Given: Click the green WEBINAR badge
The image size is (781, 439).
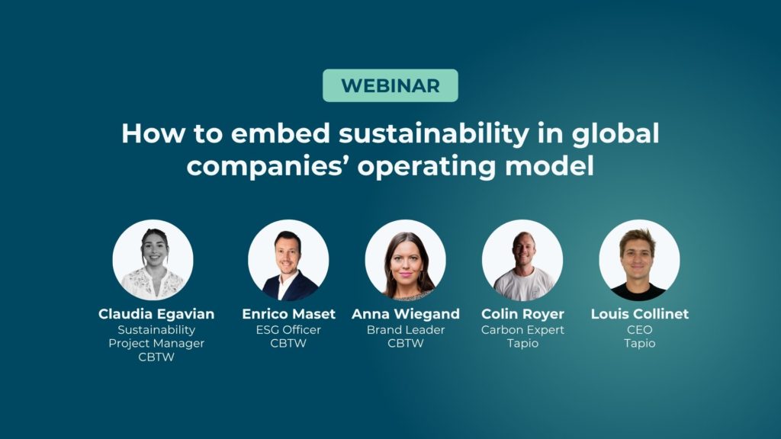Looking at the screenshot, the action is tap(390, 85).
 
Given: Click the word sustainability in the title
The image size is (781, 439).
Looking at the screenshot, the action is tap(434, 133).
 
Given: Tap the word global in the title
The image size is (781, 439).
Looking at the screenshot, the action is tap(615, 133).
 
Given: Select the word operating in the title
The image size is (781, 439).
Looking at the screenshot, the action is tap(426, 166).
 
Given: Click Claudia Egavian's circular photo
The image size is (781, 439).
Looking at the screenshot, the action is tap(153, 260).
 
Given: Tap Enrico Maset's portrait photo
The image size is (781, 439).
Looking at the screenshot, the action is tap(288, 260).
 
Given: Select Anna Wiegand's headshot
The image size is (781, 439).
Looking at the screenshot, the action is tap(406, 260).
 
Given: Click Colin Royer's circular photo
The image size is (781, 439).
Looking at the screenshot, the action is tap(522, 260).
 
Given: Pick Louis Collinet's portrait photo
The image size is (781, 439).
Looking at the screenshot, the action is tap(640, 260).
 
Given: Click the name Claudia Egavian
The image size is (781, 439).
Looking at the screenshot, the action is tap(156, 314).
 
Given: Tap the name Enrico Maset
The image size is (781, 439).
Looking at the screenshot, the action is tap(288, 314).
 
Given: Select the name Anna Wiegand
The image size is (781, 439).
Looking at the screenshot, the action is tap(406, 314).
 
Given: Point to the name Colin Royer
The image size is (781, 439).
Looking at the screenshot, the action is tap(522, 314).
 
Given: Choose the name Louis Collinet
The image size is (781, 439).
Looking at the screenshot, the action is tap(640, 314).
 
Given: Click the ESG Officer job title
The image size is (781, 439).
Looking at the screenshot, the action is tap(288, 329).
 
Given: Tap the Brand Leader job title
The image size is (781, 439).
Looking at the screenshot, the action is tap(406, 329).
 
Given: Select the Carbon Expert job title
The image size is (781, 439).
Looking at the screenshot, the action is tap(522, 330).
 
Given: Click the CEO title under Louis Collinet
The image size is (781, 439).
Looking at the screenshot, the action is tap(640, 329).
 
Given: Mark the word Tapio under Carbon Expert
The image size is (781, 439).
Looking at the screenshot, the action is tap(522, 344).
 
